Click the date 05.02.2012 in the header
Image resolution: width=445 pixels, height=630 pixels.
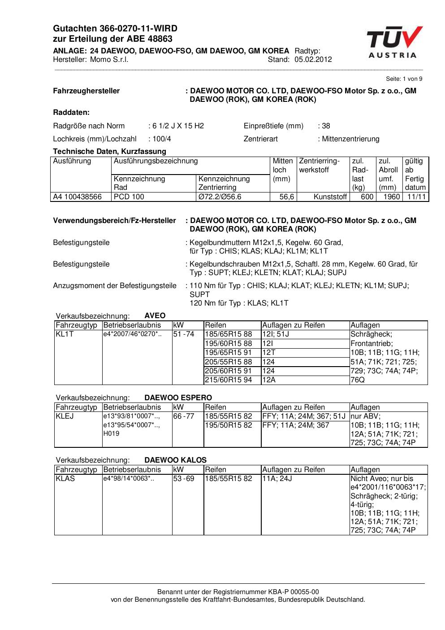313,60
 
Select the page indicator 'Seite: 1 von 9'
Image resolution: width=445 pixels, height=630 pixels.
404,79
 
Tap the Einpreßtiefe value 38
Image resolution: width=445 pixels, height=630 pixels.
326,126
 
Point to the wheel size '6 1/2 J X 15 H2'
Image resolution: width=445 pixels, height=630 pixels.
178,126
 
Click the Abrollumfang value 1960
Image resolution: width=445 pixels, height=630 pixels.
392,197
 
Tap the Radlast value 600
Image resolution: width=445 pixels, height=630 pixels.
367,197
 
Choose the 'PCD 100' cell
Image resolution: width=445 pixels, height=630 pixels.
129,197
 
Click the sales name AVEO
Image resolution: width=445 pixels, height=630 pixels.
155,316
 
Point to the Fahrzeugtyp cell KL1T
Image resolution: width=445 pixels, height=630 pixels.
65,334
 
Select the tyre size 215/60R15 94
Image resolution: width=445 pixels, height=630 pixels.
229,380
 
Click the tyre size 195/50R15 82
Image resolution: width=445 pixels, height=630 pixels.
229,425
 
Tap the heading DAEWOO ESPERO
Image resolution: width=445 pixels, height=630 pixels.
178,398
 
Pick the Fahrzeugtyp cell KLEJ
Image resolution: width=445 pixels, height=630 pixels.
65,416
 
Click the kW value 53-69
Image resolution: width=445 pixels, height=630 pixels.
184,479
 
